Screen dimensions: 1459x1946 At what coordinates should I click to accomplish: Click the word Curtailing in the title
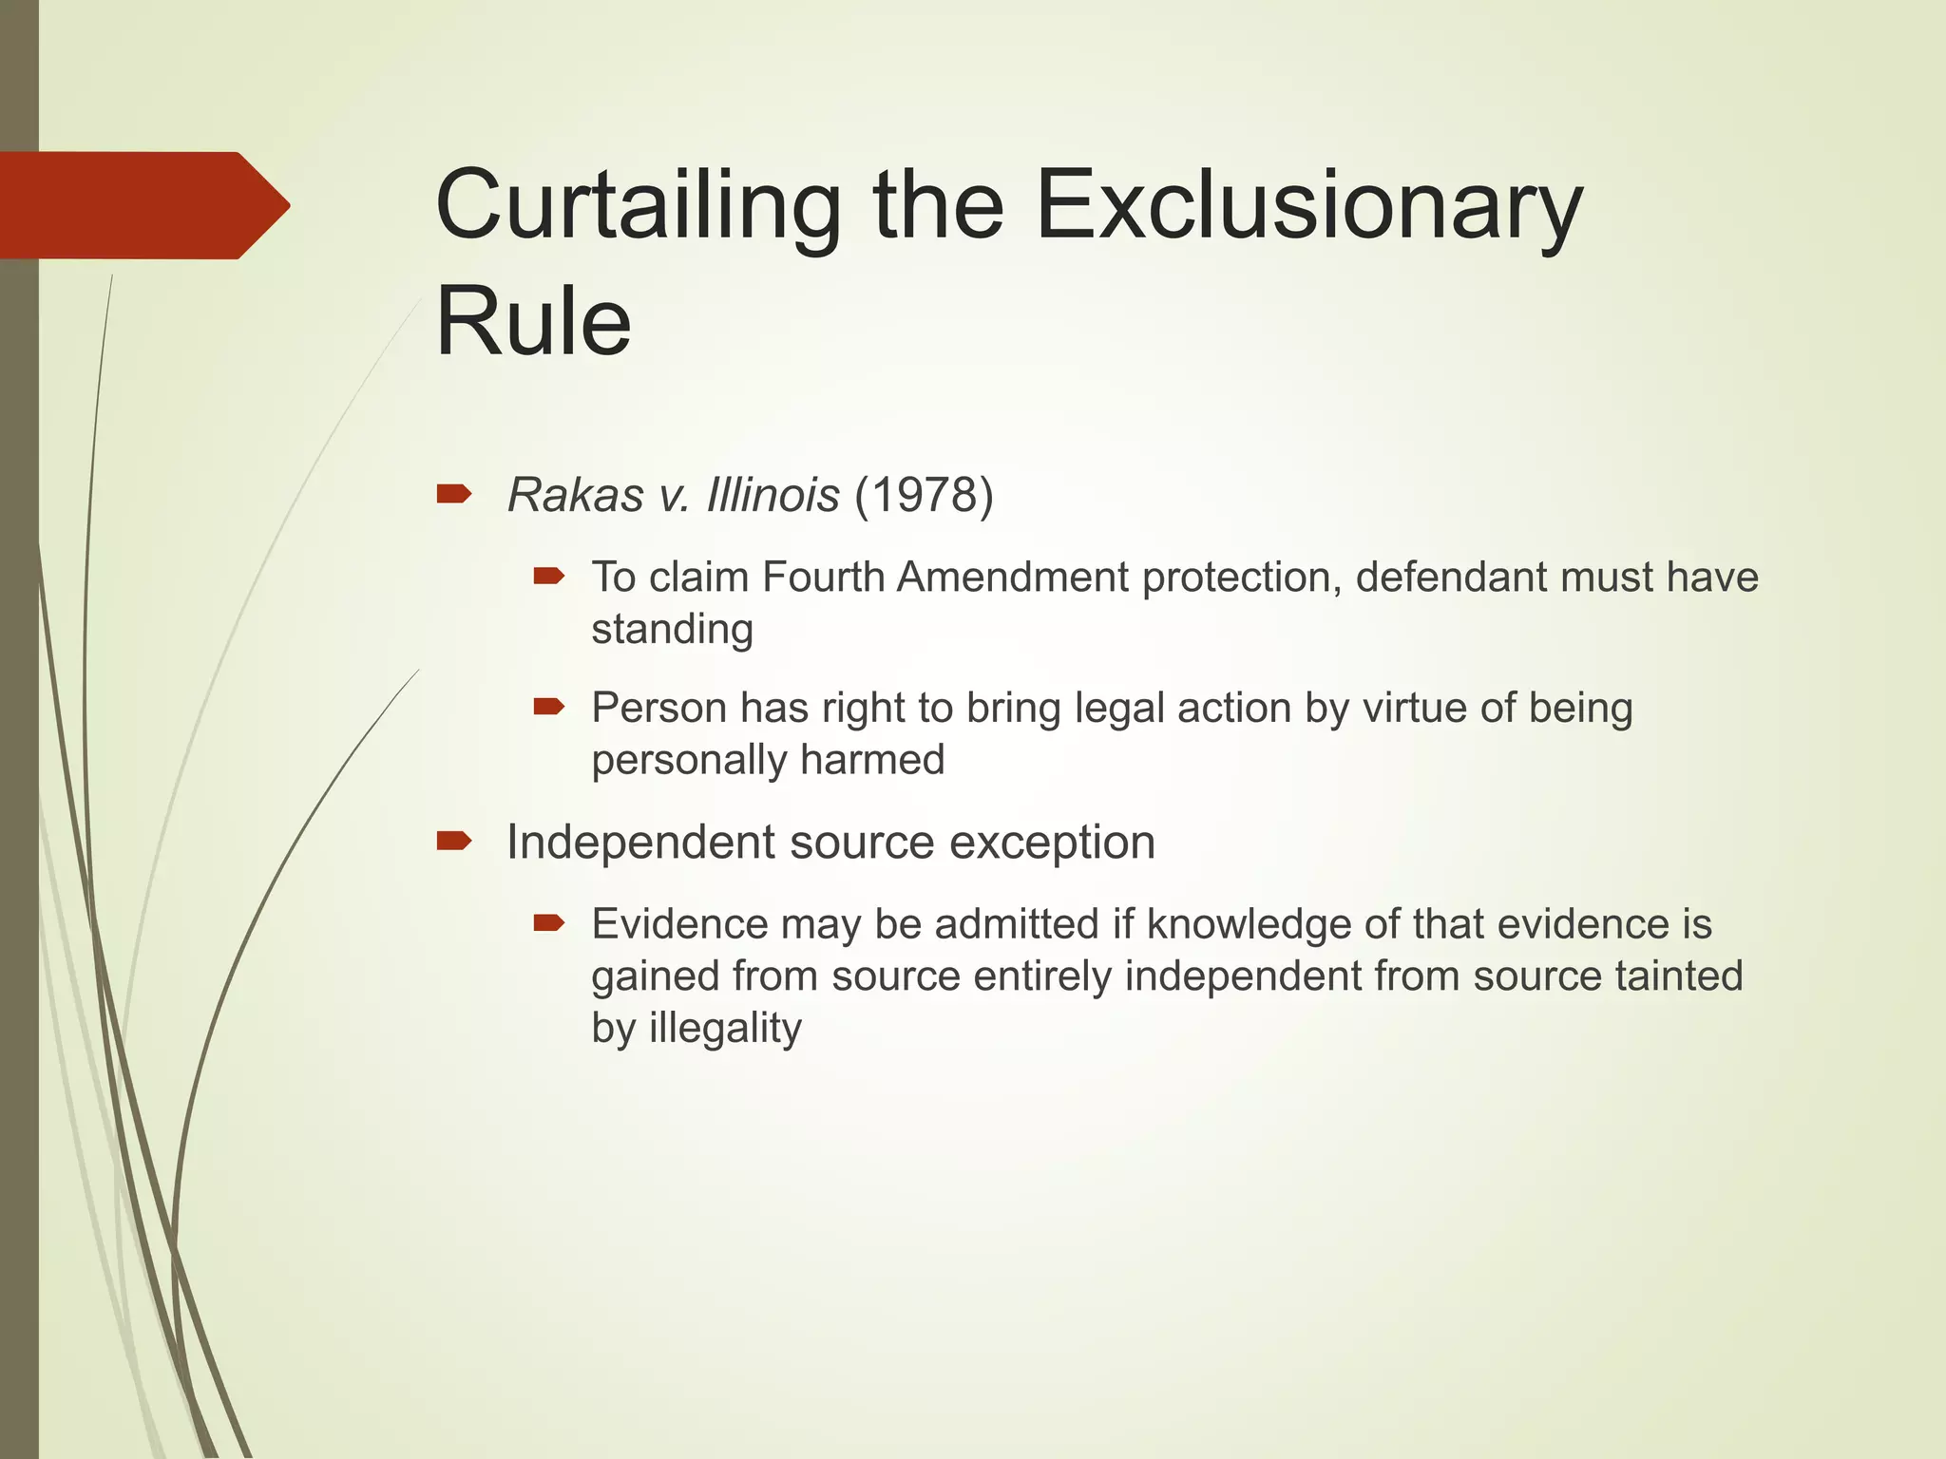click(x=638, y=207)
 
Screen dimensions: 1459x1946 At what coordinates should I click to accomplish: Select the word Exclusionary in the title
click(x=1309, y=207)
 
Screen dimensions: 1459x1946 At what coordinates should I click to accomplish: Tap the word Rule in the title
click(x=533, y=322)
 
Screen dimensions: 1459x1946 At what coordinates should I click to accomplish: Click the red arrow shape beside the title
click(x=143, y=205)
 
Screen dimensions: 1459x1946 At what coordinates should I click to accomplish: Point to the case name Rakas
click(x=576, y=495)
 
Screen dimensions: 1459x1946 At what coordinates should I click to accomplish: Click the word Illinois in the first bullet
click(x=773, y=495)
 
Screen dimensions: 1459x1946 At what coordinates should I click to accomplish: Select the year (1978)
click(x=924, y=495)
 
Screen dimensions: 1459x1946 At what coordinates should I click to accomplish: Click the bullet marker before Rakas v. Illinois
click(x=453, y=493)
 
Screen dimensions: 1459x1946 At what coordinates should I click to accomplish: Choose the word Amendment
click(x=1013, y=578)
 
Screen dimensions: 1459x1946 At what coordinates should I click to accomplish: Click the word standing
click(x=672, y=630)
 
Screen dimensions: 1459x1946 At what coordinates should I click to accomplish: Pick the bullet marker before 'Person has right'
click(x=549, y=707)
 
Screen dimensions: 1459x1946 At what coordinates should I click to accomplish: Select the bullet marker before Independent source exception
click(x=453, y=841)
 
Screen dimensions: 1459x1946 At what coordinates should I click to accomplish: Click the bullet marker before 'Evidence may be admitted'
click(x=549, y=922)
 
